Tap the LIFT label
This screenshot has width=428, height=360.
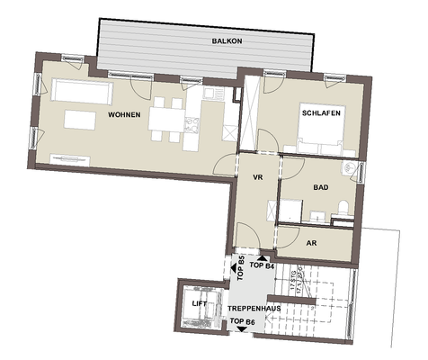pos(199,304)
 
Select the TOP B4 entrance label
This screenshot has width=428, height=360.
pos(262,266)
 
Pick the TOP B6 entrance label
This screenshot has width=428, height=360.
pos(243,322)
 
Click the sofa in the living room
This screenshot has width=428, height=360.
pos(81,91)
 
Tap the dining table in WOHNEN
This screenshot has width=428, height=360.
pos(165,115)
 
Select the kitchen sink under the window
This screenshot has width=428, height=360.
pos(210,93)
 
